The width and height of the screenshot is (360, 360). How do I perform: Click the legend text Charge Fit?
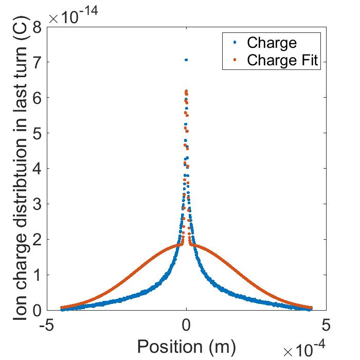tap(283, 60)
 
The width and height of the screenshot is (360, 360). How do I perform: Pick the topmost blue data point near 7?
tap(186, 60)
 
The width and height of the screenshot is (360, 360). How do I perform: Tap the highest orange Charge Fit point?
tap(186, 91)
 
